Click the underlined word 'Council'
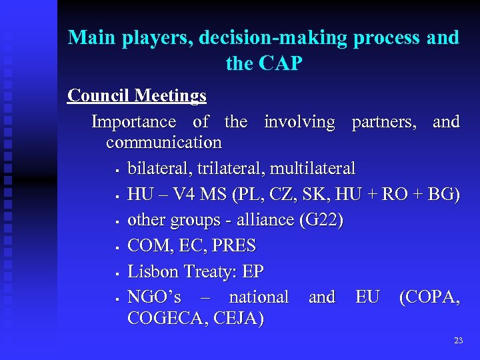[98, 96]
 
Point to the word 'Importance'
[133, 122]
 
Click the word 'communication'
[163, 142]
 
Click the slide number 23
[458, 341]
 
